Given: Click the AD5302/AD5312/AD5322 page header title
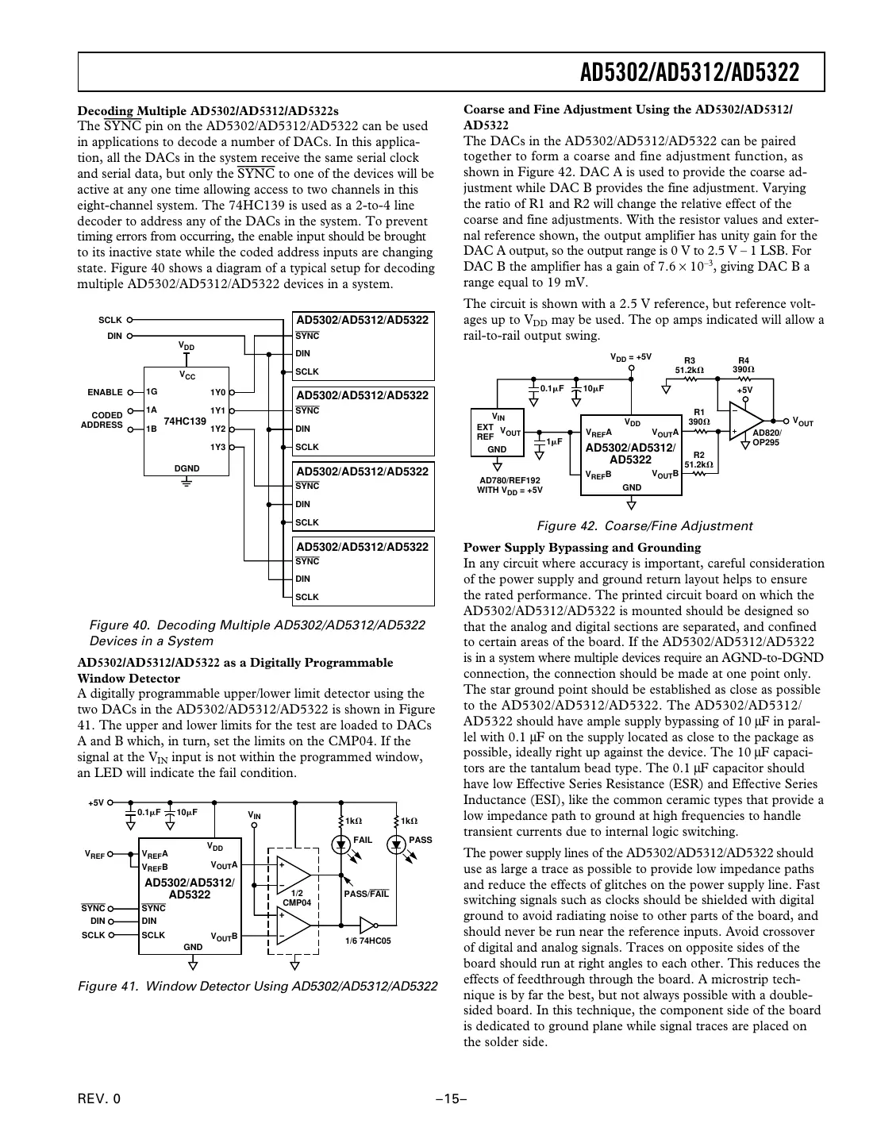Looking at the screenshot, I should coord(689,73).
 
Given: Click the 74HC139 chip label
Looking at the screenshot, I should coord(185,421).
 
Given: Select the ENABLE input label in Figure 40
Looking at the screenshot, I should coord(105,392).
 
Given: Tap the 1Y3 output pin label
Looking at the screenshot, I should coord(217,448).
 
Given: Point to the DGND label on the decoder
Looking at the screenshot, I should coord(187,468).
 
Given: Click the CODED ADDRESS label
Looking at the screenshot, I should coord(102,420).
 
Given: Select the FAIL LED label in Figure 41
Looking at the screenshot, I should coord(362,840).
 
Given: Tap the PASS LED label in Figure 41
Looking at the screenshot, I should coord(420,840).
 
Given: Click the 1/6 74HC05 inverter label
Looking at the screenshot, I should coord(368,941).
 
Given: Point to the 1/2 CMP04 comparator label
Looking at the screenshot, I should coord(297,898).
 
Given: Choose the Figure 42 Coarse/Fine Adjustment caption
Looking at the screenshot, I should coord(644,525).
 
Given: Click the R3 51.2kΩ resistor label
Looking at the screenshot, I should coord(689,365).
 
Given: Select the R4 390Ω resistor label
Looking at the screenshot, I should coord(743,365).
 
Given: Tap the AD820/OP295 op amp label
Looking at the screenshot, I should coord(767,437).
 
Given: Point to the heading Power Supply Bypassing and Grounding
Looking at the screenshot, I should coord(582,547).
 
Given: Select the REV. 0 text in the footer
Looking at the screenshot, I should coord(99,1098).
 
